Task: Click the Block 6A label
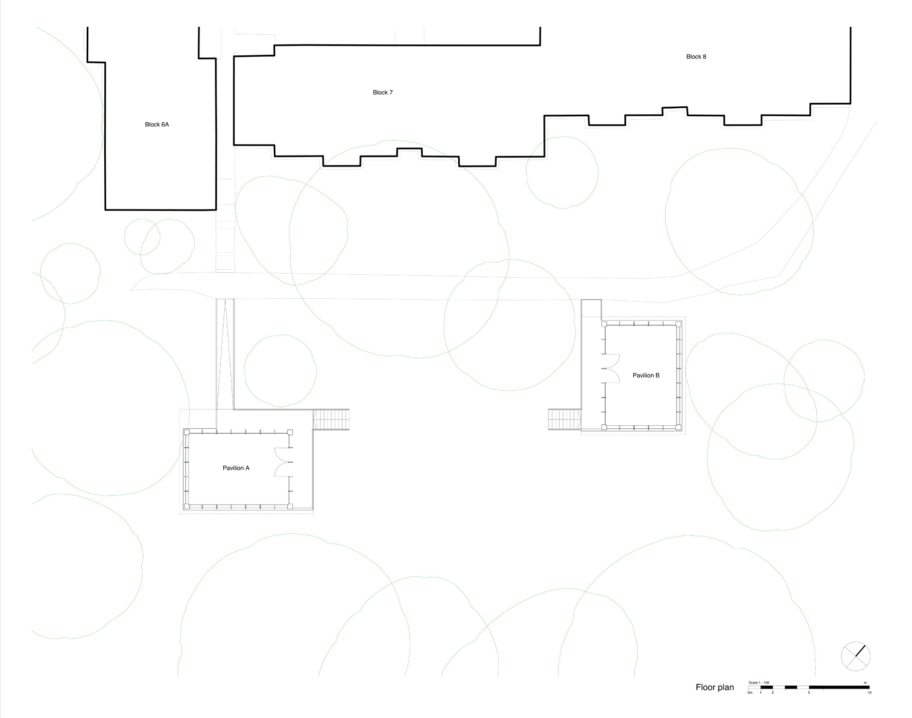pos(157,125)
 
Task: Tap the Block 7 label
pos(383,92)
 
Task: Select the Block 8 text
pos(696,57)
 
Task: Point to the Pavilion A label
pos(236,468)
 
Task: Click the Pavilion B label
pos(646,375)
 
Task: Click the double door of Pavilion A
pos(282,462)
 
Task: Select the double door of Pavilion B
pos(611,368)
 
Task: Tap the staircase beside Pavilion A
pos(331,419)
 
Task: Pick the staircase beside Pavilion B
pos(564,419)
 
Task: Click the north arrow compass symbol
pos(856,656)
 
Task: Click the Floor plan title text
pos(715,688)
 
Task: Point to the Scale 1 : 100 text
pos(759,683)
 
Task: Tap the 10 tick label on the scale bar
pos(869,693)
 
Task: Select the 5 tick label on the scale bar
pos(809,693)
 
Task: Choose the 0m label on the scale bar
pos(749,693)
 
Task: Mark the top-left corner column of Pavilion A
pos(187,432)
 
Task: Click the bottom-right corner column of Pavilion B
pos(678,427)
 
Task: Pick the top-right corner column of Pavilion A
pos(290,432)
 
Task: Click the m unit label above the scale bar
pos(865,683)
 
